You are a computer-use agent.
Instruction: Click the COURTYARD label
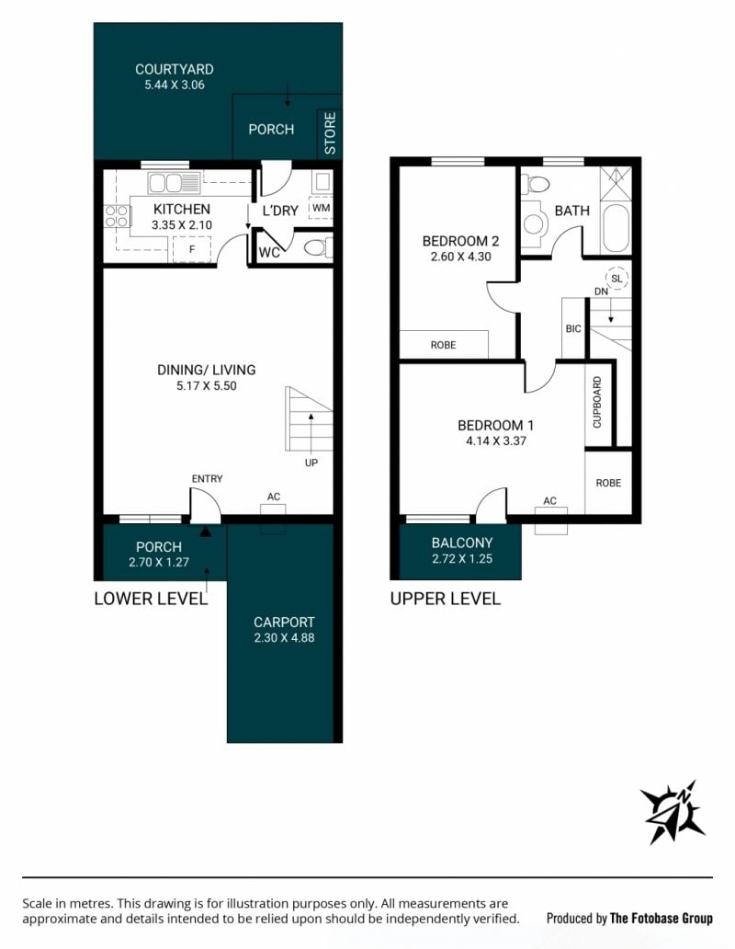coord(174,70)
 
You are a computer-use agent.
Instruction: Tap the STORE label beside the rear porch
coord(330,133)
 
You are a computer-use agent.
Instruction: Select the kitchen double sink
coord(174,182)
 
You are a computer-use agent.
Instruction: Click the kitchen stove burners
coord(118,216)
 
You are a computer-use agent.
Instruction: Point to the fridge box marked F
coord(192,249)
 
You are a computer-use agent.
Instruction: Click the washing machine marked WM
coord(321,209)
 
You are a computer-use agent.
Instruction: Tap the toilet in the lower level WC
coord(317,247)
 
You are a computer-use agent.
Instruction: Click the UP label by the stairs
coord(311,463)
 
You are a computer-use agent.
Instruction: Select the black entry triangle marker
coord(206,532)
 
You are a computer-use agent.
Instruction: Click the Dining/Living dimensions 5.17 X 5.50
coord(207,386)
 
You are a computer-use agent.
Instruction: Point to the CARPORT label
coord(284,623)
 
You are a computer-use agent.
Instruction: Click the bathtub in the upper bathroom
coord(616,230)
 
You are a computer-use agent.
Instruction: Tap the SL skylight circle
coord(616,279)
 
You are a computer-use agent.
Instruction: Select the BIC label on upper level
coord(573,328)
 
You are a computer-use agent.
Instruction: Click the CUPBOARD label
coord(597,403)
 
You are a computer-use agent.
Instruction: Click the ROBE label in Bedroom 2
coord(443,345)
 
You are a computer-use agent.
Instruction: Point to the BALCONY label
coord(462,543)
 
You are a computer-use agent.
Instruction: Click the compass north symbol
coord(673,812)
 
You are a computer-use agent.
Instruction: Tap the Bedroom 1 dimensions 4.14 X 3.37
coord(495,441)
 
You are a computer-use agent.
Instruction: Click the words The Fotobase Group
coord(661,919)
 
